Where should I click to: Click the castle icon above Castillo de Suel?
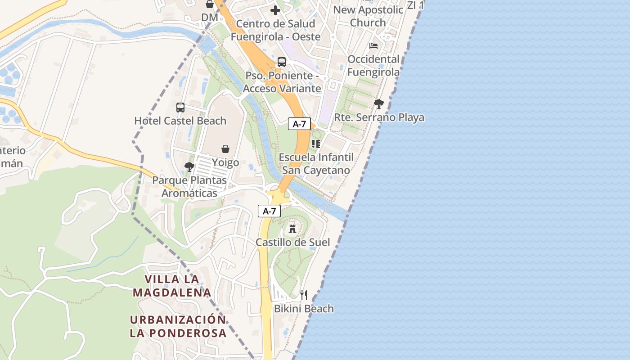point(292,229)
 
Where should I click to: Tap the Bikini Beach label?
point(304,309)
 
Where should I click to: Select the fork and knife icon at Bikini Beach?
point(304,295)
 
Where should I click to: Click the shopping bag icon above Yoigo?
point(225,149)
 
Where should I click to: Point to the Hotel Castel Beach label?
point(180,121)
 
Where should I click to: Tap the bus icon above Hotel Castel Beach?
point(180,108)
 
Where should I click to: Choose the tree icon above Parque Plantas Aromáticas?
point(189,167)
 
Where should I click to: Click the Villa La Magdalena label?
point(172,286)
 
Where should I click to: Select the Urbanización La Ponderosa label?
point(178,326)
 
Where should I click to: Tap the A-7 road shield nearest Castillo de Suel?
point(269,211)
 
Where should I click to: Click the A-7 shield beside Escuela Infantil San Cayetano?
point(299,124)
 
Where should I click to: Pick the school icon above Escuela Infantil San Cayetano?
point(316,144)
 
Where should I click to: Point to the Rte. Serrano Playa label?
point(379,117)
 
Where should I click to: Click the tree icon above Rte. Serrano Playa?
point(379,104)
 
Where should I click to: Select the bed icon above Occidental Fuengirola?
point(373,45)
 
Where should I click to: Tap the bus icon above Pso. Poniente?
point(282,62)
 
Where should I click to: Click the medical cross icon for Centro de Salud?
point(275,10)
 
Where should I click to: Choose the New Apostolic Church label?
point(368,16)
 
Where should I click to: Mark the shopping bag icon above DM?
point(210,4)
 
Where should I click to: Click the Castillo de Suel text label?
point(293,243)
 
